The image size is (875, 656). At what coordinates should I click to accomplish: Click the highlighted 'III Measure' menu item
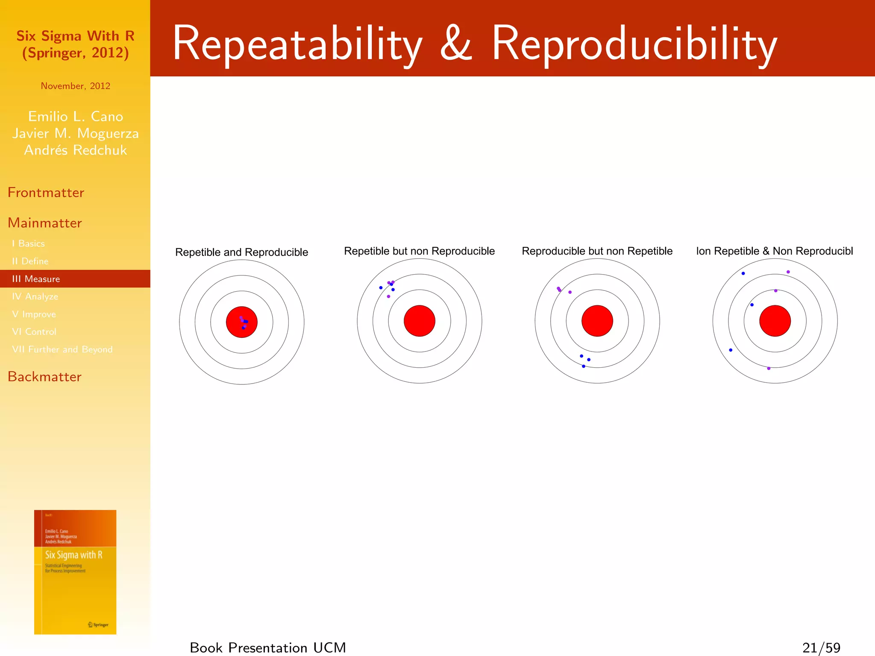tap(36, 279)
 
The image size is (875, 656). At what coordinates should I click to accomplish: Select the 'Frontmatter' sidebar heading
tap(46, 193)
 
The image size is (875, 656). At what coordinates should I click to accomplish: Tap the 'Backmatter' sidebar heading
tap(44, 377)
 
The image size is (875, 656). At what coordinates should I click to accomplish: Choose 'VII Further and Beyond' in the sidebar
tap(62, 349)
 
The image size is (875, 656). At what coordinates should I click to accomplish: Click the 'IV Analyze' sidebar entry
tap(35, 296)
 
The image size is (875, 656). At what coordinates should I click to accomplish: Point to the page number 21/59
tap(821, 647)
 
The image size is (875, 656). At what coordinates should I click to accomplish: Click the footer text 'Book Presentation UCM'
tap(268, 647)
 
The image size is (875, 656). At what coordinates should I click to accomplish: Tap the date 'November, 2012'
tap(75, 86)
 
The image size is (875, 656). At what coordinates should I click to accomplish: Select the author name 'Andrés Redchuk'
tap(75, 150)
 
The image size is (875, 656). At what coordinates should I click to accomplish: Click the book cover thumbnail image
tap(75, 572)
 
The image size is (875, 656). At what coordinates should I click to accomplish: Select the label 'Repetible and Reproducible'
tap(241, 252)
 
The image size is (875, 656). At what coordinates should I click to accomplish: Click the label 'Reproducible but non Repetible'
tap(597, 251)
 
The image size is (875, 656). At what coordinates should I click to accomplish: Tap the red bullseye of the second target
tap(419, 321)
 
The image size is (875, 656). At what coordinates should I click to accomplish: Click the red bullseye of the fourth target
tap(775, 321)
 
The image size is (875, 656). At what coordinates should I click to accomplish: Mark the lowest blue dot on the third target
tap(583, 366)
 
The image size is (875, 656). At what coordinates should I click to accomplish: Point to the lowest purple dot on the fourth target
tap(769, 368)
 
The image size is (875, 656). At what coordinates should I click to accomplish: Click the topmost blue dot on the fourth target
tap(743, 273)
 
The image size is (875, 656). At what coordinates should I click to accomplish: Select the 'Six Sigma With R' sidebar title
tap(75, 36)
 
